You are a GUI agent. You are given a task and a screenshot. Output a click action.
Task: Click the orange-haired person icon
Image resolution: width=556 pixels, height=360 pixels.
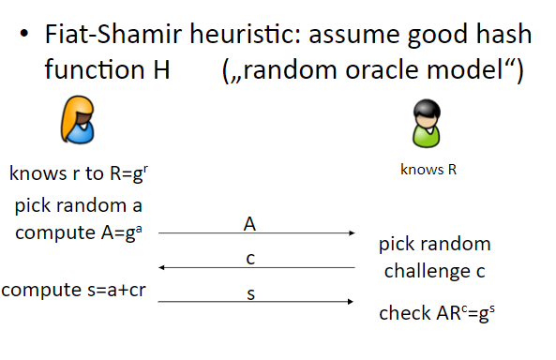click(78, 119)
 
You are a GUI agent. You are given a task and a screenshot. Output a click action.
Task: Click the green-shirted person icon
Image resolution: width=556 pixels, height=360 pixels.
click(427, 124)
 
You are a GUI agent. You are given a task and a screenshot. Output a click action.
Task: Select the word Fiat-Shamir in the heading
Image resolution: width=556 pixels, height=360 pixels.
click(113, 35)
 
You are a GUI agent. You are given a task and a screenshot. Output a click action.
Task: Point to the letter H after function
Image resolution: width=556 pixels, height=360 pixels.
click(161, 69)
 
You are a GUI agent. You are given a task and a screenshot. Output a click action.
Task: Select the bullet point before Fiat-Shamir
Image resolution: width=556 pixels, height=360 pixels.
click(24, 34)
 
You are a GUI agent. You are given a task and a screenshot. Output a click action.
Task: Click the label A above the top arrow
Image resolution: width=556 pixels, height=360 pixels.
click(249, 224)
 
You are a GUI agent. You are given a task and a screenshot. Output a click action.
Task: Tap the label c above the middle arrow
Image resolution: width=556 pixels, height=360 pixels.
click(250, 259)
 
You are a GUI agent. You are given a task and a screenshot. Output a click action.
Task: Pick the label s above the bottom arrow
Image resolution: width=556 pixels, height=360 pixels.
click(250, 294)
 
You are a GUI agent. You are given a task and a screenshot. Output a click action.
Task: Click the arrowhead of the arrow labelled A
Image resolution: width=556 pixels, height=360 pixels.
click(352, 233)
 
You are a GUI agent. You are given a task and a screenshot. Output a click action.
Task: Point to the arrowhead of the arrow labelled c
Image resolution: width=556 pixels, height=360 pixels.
click(161, 267)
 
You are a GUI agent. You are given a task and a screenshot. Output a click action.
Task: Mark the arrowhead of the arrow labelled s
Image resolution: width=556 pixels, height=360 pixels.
click(351, 302)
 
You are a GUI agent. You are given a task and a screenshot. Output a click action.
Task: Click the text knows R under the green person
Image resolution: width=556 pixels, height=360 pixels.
click(428, 169)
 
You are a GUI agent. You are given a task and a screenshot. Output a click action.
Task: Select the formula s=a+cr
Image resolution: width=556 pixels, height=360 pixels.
click(116, 290)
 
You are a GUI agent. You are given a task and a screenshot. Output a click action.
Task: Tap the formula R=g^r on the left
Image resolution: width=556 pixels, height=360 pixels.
click(129, 173)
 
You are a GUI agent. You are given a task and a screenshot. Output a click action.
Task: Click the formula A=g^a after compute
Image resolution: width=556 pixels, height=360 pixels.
click(122, 233)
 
